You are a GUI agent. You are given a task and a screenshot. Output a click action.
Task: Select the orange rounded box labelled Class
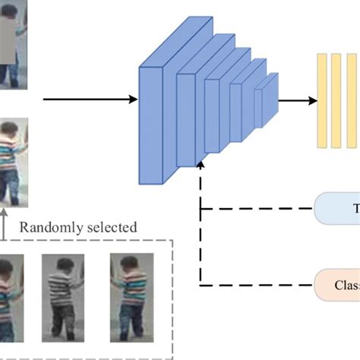tap(337, 286)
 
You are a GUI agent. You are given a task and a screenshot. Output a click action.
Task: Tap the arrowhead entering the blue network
tap(134, 99)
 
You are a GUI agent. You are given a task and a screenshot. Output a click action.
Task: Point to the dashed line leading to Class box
tap(258, 286)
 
